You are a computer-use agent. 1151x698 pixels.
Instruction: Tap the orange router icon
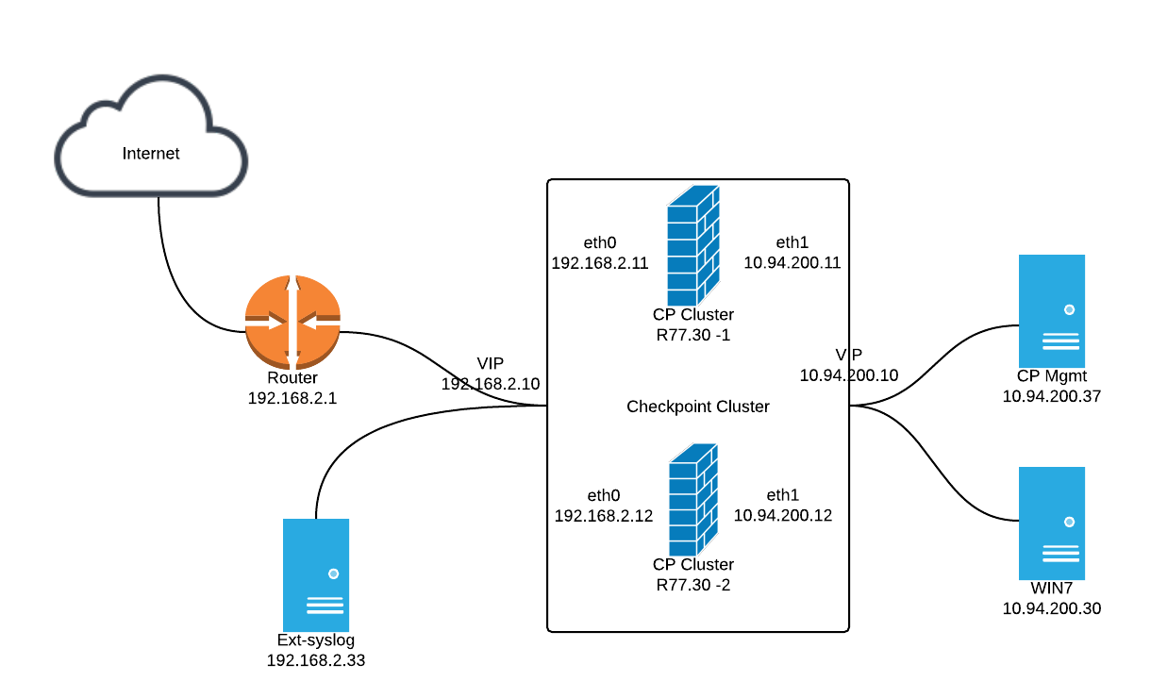(x=292, y=322)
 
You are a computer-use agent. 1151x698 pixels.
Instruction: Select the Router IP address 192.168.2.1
(x=292, y=398)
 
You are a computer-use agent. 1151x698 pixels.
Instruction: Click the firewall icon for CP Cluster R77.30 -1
(x=693, y=245)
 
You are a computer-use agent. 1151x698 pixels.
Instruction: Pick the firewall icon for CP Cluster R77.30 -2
(x=693, y=499)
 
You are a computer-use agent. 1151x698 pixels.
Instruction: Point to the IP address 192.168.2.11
(x=600, y=263)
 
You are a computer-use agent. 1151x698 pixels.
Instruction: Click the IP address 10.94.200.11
(x=792, y=262)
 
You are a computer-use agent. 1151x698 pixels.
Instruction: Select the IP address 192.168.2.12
(x=603, y=516)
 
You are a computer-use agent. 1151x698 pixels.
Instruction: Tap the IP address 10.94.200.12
(x=782, y=515)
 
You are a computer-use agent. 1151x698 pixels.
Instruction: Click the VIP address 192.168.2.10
(x=491, y=384)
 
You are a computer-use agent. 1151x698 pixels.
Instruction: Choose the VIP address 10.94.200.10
(x=849, y=374)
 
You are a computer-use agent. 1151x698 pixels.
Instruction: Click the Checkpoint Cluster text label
(x=698, y=407)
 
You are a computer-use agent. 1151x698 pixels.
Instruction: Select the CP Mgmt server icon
(x=1052, y=310)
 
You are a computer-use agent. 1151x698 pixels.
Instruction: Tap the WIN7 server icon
(x=1052, y=523)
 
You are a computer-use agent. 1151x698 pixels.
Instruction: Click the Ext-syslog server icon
(x=316, y=575)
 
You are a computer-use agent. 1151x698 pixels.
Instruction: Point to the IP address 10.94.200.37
(x=1052, y=396)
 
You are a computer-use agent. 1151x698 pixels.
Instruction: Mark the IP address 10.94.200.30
(x=1052, y=608)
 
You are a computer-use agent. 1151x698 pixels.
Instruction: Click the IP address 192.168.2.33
(x=316, y=660)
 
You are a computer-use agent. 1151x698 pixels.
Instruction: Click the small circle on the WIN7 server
(x=1069, y=522)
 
